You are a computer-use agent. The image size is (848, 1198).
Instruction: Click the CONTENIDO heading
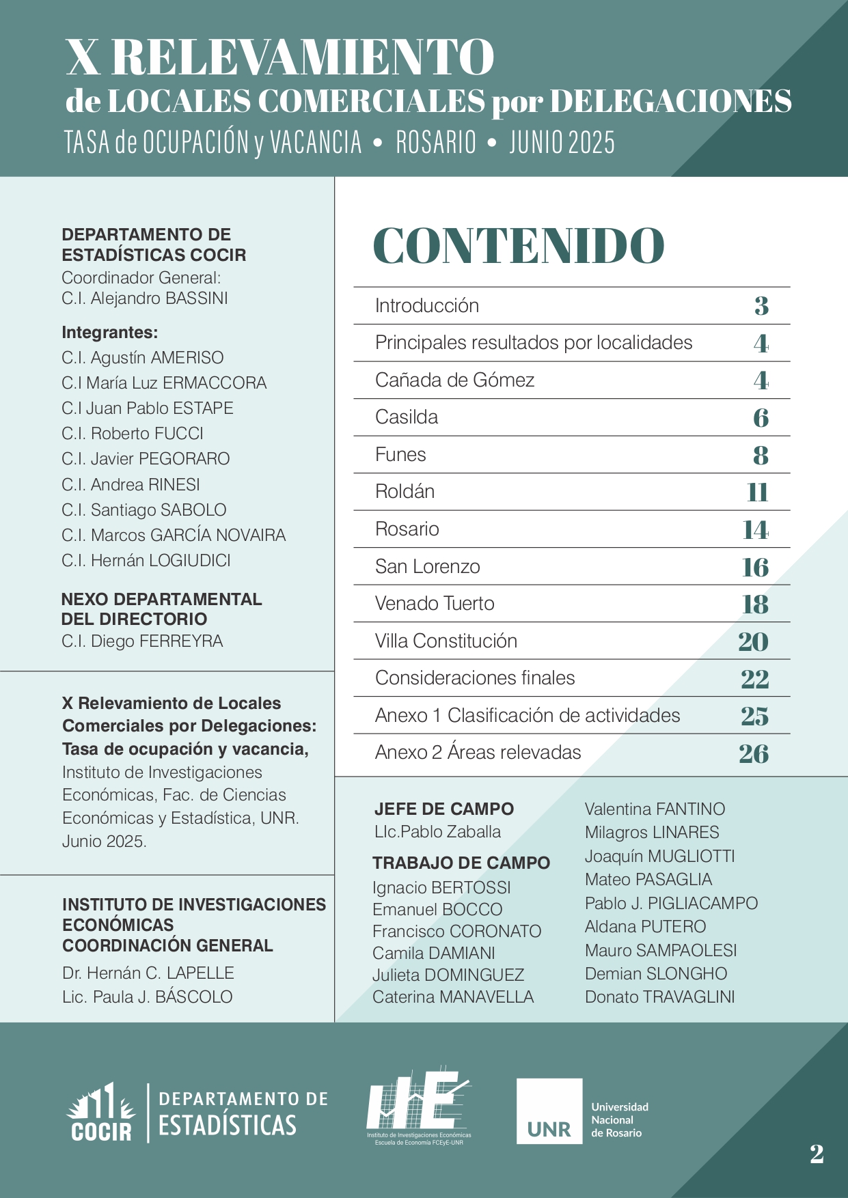[x=519, y=246]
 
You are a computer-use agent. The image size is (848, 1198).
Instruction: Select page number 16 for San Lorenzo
[x=755, y=567]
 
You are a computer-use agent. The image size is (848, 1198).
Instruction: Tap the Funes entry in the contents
[x=400, y=455]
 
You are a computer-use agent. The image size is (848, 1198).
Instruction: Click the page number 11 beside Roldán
[x=757, y=492]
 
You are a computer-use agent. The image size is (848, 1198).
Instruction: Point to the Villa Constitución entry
[x=446, y=641]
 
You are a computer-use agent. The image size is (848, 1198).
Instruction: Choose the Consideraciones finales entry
[x=475, y=678]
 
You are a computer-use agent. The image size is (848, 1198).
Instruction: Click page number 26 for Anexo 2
[x=754, y=753]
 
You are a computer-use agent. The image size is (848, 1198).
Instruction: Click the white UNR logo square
[x=549, y=1111]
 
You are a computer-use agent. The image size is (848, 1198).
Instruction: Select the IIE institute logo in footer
[x=418, y=1105]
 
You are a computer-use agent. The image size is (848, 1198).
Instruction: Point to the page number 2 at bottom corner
[x=817, y=1154]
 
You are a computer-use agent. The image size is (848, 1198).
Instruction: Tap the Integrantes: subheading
[x=110, y=333]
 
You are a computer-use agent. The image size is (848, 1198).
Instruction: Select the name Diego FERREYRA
[x=142, y=641]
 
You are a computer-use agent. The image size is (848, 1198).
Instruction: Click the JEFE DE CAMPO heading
[x=444, y=809]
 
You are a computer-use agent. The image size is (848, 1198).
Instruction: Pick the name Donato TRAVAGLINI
[x=659, y=997]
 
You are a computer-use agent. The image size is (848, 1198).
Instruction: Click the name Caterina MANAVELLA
[x=453, y=997]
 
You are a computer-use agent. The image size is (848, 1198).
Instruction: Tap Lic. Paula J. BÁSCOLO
[x=148, y=997]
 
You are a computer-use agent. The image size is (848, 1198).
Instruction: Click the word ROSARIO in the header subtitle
[x=436, y=143]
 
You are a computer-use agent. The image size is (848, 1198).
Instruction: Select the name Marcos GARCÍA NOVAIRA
[x=174, y=535]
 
